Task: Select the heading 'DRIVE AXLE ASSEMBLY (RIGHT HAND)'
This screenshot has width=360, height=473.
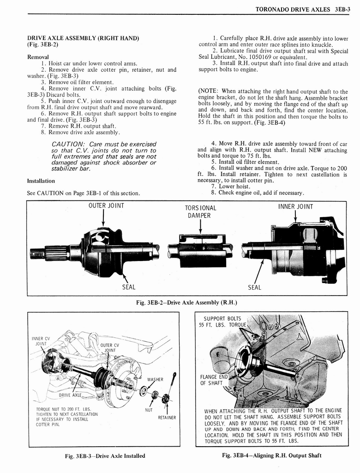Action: click(x=83, y=38)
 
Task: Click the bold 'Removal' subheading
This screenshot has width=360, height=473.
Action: click(x=39, y=57)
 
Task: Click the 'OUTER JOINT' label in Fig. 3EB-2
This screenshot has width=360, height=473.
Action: click(x=106, y=206)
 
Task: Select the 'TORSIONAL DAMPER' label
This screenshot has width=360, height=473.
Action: click(x=200, y=212)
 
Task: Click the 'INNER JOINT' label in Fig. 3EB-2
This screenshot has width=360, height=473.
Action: click(x=295, y=206)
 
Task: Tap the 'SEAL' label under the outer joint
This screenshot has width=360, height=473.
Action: click(x=129, y=287)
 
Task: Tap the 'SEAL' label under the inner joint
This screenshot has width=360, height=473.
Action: click(x=254, y=287)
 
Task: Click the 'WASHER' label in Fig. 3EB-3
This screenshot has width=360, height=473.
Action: click(x=156, y=379)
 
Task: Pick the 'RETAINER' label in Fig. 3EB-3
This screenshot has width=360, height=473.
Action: click(x=167, y=418)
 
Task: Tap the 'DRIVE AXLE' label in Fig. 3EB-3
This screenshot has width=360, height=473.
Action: click(x=70, y=395)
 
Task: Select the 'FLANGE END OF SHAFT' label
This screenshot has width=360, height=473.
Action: click(x=212, y=379)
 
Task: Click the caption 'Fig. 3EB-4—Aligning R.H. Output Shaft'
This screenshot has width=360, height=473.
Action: click(x=272, y=455)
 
